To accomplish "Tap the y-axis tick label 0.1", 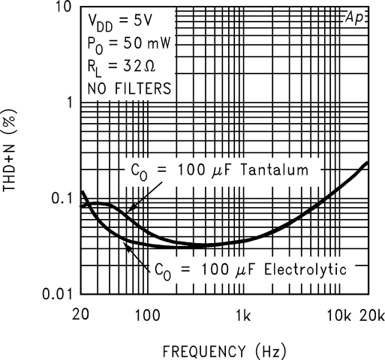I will [59, 198].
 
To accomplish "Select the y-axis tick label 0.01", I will [54, 293].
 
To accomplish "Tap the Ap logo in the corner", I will [354, 17].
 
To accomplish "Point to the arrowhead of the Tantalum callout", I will [128, 212].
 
